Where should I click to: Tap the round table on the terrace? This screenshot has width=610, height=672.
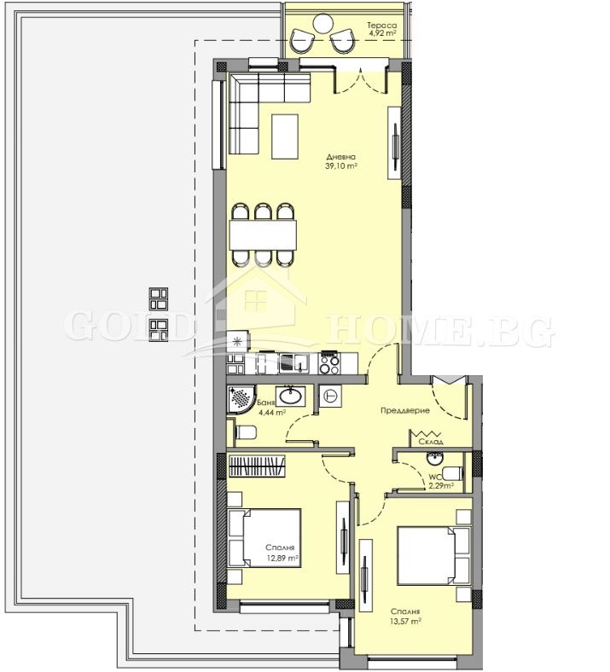click(322, 23)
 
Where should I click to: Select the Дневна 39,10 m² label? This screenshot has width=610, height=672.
click(341, 161)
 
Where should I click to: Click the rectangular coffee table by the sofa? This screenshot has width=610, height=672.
click(285, 136)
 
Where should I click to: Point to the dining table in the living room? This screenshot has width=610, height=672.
click(263, 235)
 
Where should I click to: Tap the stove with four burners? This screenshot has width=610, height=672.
click(329, 364)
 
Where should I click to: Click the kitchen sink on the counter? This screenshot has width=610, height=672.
click(294, 363)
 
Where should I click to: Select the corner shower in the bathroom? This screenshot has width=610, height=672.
click(241, 399)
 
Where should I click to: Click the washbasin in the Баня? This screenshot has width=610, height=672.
click(291, 396)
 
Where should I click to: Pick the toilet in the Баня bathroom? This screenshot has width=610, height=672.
click(246, 432)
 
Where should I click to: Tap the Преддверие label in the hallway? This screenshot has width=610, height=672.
click(405, 410)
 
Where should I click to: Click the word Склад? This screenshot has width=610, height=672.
click(431, 442)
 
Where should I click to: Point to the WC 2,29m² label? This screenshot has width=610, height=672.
click(441, 482)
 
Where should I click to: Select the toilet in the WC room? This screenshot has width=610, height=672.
click(452, 473)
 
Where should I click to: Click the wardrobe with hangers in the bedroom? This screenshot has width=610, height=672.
click(257, 466)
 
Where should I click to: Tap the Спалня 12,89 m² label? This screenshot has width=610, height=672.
click(282, 553)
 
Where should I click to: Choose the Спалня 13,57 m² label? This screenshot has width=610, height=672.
click(405, 617)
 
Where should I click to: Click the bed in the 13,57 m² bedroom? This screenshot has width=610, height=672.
click(433, 556)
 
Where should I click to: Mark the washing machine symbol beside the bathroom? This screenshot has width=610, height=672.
click(331, 397)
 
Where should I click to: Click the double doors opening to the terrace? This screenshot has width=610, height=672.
click(361, 80)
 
